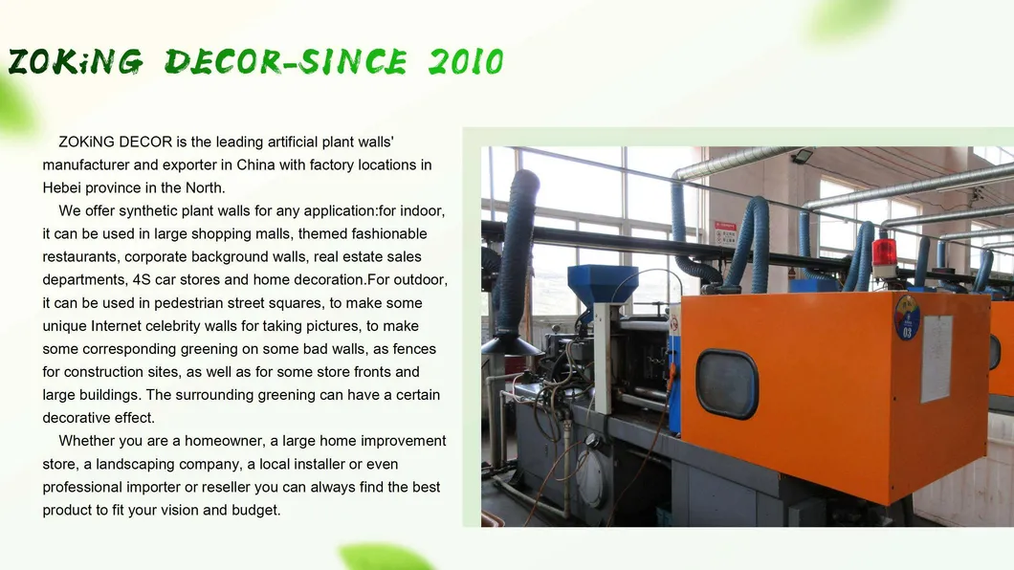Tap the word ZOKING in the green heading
click(x=76, y=62)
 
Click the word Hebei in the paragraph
click(x=63, y=187)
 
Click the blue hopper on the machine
click(x=602, y=283)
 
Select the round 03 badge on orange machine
click(x=907, y=318)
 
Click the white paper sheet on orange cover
click(x=937, y=359)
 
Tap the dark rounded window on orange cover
click(x=727, y=384)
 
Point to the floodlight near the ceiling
click(x=802, y=156)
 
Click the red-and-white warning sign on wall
click(x=725, y=232)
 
